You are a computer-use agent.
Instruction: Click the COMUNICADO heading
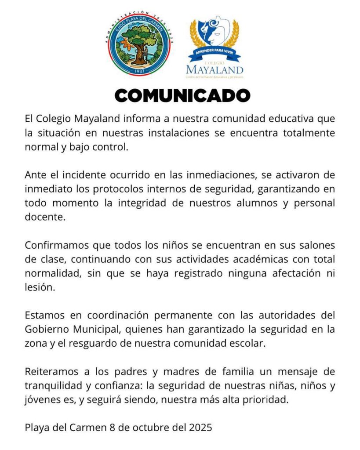tap(182, 95)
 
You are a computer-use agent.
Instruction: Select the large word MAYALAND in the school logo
tap(215, 69)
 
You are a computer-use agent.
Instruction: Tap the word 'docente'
tap(45, 218)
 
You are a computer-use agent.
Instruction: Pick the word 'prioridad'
tap(267, 400)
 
